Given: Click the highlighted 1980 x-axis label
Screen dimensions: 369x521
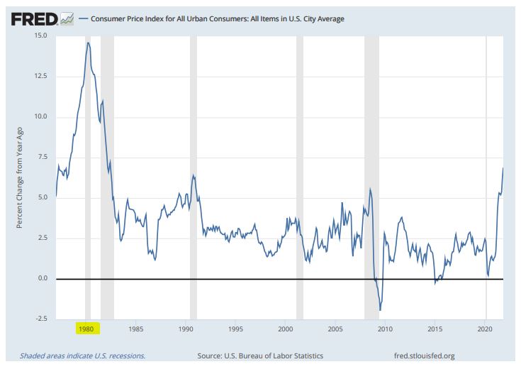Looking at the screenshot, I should click(86, 329).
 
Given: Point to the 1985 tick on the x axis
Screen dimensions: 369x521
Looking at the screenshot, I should click(136, 329).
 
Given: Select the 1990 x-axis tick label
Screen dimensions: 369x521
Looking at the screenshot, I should click(186, 329).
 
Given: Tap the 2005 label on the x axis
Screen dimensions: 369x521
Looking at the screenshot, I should click(335, 329).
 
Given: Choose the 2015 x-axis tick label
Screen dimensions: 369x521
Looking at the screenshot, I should click(435, 329).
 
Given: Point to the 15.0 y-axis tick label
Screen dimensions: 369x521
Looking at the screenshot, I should click(40, 35).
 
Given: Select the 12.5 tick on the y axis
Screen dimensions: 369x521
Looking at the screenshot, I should click(40, 76).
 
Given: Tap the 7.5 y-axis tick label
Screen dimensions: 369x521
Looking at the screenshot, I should click(43, 157).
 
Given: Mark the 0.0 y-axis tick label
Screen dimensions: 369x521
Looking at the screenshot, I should click(43, 279).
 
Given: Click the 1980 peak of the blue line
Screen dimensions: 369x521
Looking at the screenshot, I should click(88, 43).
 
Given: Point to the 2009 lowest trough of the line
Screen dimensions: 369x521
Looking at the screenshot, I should click(381, 310).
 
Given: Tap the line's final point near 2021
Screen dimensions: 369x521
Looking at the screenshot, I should click(503, 167).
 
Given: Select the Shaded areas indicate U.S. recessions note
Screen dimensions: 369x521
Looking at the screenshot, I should click(82, 356).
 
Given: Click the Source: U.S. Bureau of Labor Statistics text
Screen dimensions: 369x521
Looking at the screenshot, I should click(259, 356).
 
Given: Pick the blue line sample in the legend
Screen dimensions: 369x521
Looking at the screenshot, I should click(83, 19).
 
